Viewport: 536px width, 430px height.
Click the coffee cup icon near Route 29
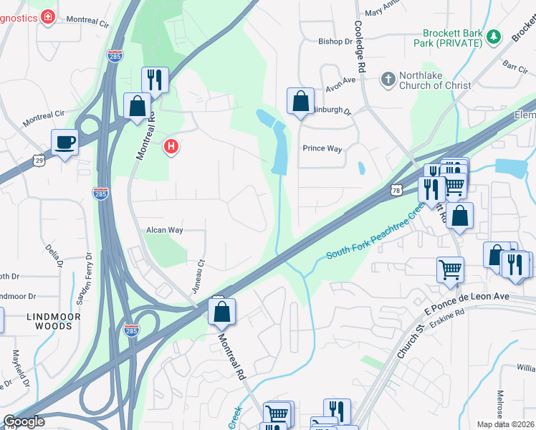point(64,142)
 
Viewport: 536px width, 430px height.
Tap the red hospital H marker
point(171,147)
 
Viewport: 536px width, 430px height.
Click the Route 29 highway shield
point(39,161)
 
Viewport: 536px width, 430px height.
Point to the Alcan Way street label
point(165,230)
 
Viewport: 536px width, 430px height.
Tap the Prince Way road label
point(322,149)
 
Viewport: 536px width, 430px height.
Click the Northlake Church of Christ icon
point(388,79)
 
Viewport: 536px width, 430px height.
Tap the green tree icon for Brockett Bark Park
point(492,37)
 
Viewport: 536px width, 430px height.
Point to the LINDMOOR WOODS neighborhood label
point(49,320)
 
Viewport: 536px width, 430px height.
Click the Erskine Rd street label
point(449,312)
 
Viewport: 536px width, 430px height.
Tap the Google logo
point(24,421)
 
